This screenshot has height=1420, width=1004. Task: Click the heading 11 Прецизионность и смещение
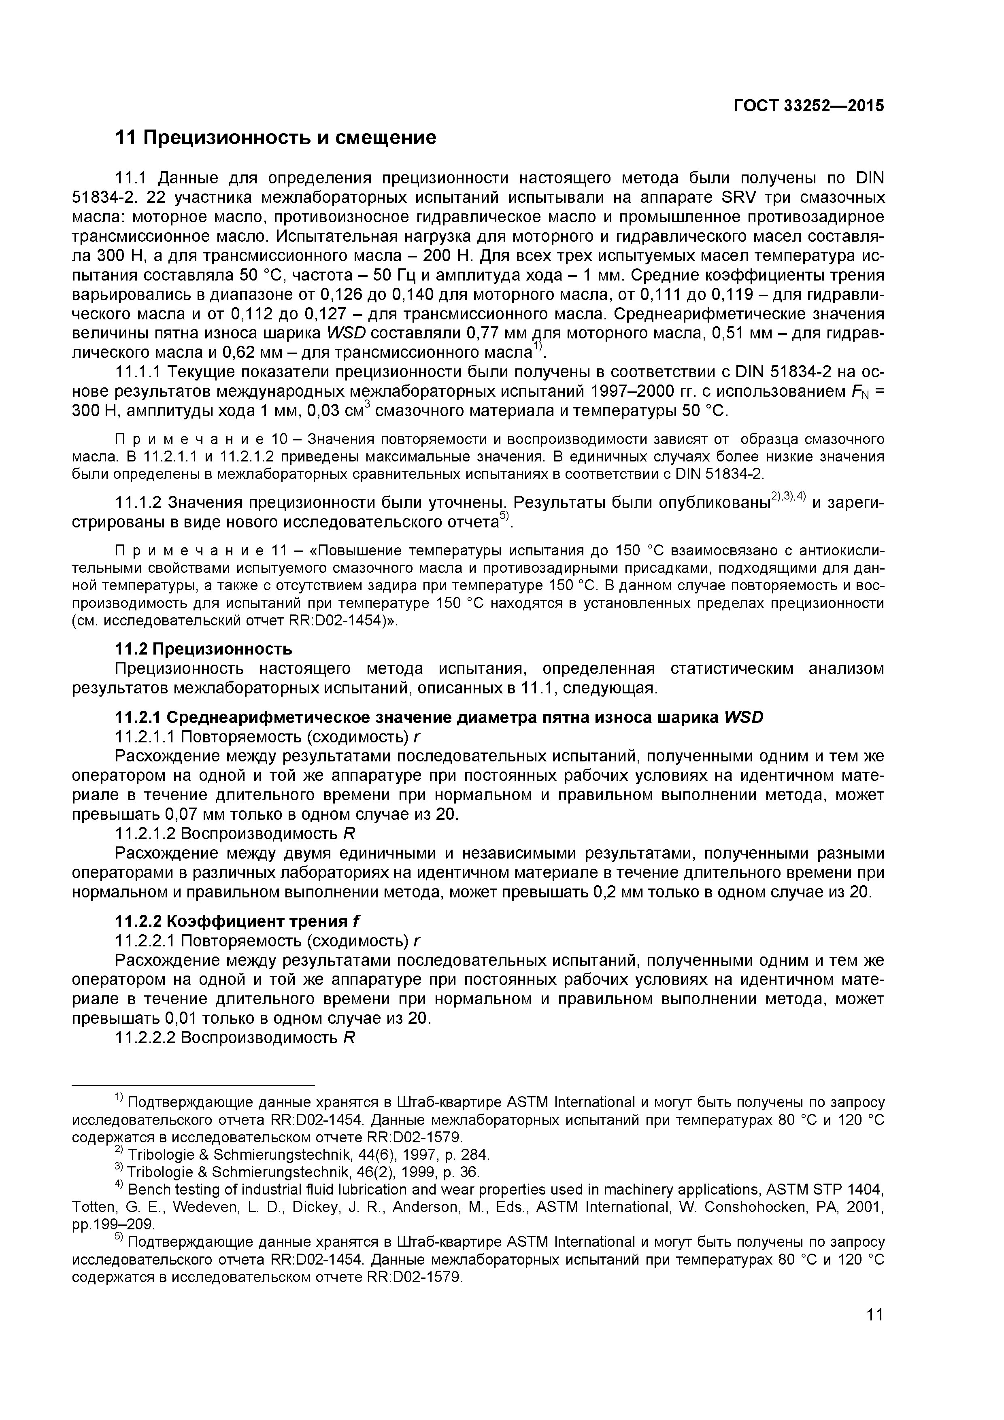pos(276,137)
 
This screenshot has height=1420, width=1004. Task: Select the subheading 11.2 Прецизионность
pos(204,649)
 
